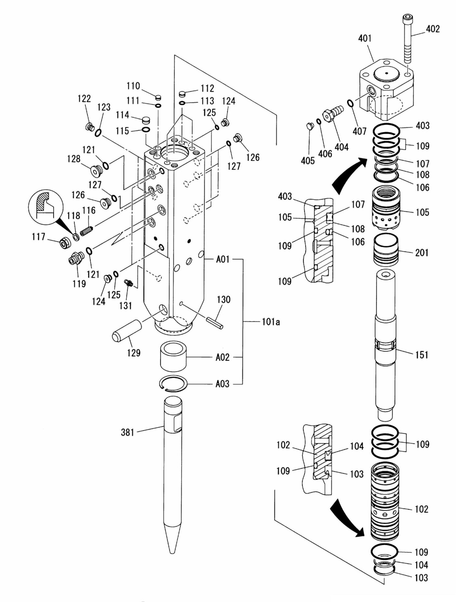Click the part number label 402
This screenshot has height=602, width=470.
(x=433, y=29)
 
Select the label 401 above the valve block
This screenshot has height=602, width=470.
(x=365, y=38)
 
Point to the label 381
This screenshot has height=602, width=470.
(x=127, y=432)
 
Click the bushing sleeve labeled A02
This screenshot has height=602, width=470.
(x=173, y=356)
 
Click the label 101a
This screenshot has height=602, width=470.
(x=271, y=322)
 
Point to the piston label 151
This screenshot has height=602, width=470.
(x=422, y=355)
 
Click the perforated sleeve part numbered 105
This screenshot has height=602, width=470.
(x=386, y=208)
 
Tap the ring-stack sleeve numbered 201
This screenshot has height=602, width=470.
(x=385, y=250)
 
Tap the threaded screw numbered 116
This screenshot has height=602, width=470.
(x=87, y=232)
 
